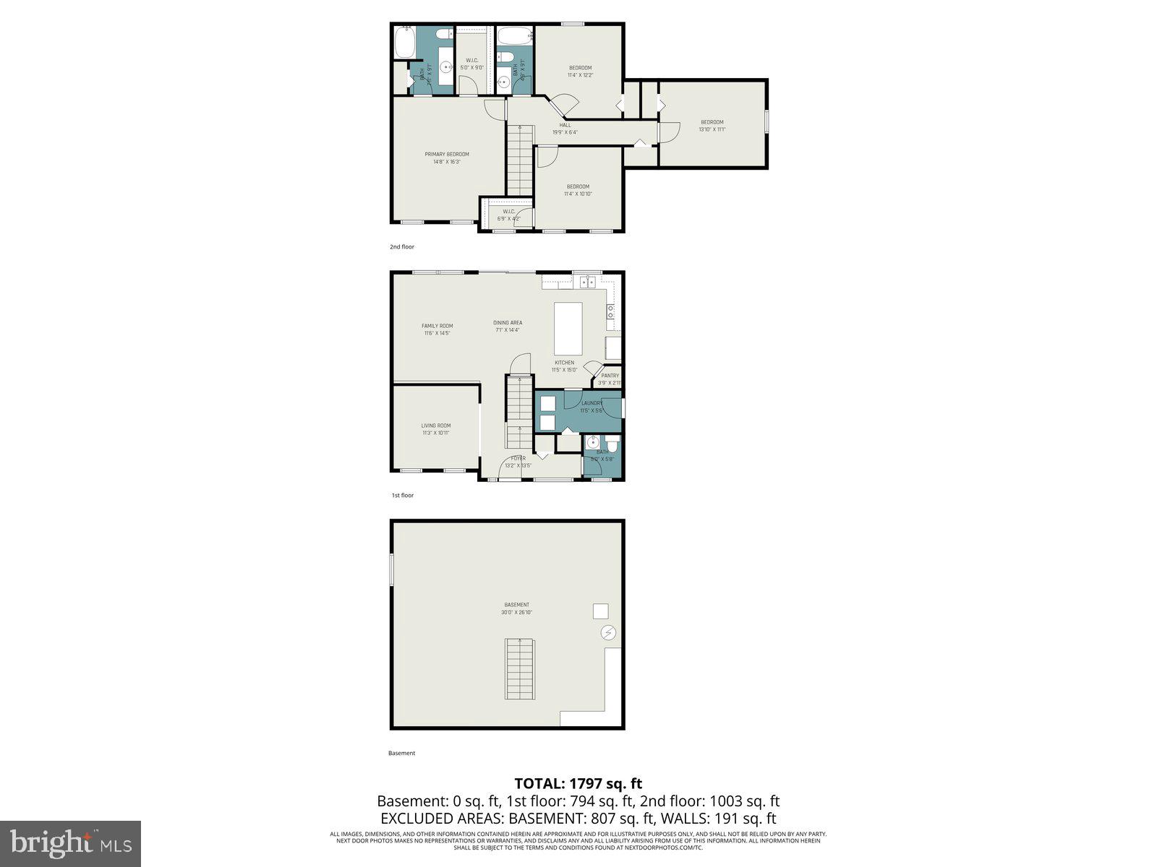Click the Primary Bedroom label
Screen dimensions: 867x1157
coord(446,154)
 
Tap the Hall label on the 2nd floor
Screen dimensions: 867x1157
coord(565,125)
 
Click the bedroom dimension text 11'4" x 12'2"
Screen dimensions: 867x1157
coord(580,75)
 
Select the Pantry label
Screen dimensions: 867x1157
coord(610,376)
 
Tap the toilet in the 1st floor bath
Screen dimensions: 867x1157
coord(612,443)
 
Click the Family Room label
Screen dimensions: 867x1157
coord(437,326)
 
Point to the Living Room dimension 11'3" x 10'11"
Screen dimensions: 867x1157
coord(436,433)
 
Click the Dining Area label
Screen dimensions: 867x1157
coord(508,323)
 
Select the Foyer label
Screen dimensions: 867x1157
coord(518,458)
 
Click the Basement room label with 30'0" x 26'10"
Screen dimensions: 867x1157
coord(516,605)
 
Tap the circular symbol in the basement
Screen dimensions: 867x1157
coord(608,634)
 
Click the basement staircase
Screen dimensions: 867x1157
coord(519,668)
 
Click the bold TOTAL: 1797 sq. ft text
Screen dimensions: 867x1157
coord(578,783)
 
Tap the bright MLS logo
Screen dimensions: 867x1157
coord(70,843)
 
